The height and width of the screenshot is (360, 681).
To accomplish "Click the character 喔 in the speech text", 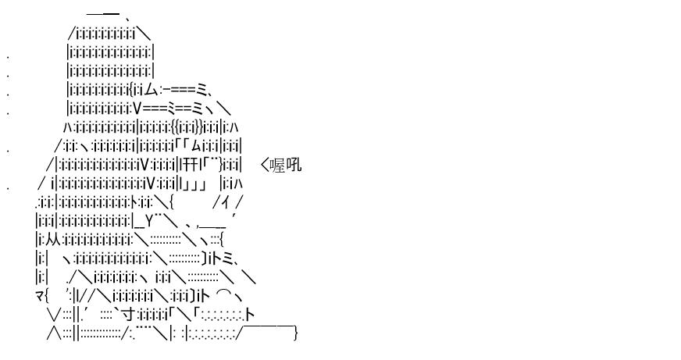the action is tap(277, 166).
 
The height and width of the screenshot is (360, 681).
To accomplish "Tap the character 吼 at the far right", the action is tap(294, 166).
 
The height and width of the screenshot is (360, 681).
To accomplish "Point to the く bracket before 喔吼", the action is tap(265, 166).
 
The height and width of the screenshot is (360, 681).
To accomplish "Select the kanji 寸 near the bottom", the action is tap(130, 315).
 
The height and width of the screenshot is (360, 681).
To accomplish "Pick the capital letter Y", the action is tap(149, 222).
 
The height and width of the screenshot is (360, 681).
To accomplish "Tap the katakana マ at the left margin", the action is tap(38, 296).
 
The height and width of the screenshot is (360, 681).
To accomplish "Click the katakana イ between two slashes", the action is tap(227, 203).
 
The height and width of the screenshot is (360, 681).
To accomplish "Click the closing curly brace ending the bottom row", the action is tap(296, 333).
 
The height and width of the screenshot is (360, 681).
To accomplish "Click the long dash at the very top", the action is tap(103, 14).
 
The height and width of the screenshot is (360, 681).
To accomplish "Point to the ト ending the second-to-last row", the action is tap(250, 315).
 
